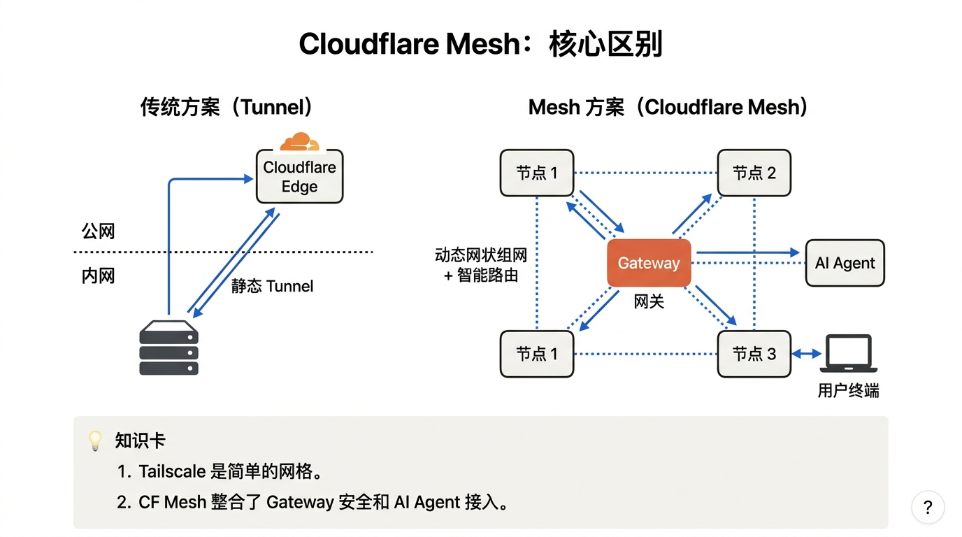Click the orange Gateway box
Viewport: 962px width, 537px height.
point(649,263)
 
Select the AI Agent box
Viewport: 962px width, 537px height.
point(845,263)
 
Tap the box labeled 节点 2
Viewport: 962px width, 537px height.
point(754,173)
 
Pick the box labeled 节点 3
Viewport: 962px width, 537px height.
point(754,354)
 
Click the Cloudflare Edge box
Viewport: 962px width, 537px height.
point(299,177)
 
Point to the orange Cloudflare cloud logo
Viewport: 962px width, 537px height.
point(299,141)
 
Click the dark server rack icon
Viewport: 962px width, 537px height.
point(168,348)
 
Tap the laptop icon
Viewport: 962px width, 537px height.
point(849,354)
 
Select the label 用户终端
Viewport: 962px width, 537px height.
point(848,391)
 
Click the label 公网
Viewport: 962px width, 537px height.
point(98,231)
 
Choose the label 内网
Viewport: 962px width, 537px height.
point(98,276)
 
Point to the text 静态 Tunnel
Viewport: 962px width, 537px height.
point(272,286)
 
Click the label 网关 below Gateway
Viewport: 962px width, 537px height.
point(649,302)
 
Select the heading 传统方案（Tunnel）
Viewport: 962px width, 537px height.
point(227,107)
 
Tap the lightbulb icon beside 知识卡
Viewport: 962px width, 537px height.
point(95,441)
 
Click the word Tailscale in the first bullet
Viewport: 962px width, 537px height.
point(172,471)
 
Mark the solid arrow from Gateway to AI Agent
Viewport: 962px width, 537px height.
point(747,252)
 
